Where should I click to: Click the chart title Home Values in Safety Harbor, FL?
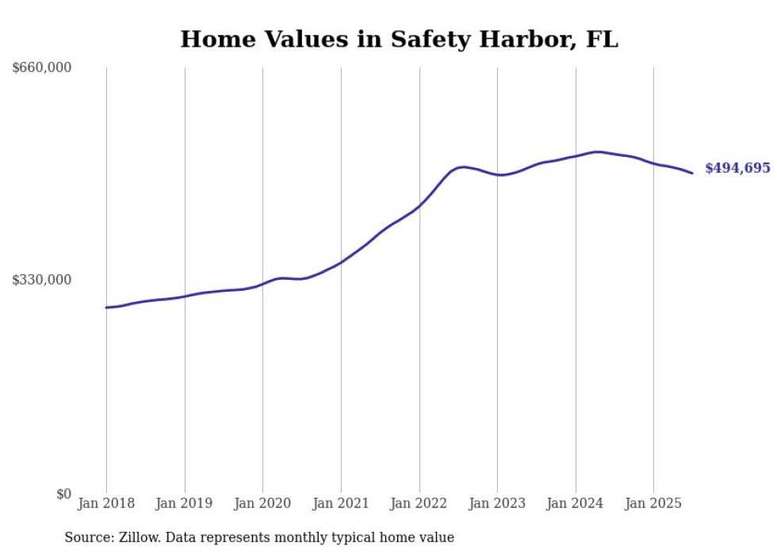click(x=399, y=40)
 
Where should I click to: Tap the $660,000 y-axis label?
click(x=41, y=68)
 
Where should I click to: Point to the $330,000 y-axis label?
click(x=41, y=280)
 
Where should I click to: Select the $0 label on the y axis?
click(x=63, y=494)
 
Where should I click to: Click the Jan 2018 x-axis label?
click(x=106, y=503)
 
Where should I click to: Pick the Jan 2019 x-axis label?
click(x=185, y=503)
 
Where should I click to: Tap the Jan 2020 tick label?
click(x=262, y=503)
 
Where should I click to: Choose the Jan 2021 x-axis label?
click(x=341, y=503)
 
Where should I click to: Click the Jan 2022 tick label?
click(x=419, y=503)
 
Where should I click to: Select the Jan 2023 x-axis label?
click(x=497, y=503)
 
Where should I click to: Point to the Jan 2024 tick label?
click(x=576, y=503)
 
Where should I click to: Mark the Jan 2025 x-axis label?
click(x=653, y=503)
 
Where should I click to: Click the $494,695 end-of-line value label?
click(x=737, y=168)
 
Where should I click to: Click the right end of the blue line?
click(x=692, y=173)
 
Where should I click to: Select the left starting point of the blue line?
click(x=106, y=308)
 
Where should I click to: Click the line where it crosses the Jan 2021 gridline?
click(x=341, y=262)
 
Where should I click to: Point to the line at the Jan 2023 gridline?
click(x=497, y=174)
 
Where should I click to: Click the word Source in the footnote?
click(x=88, y=537)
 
